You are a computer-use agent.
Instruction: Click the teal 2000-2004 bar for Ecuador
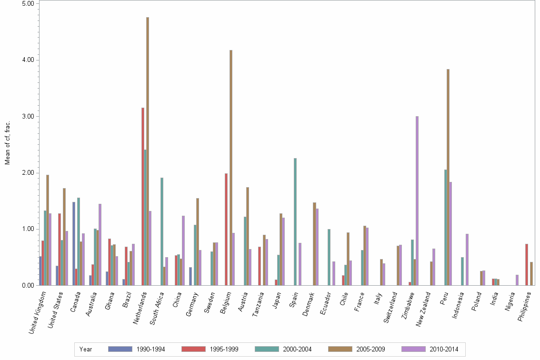pyautogui.click(x=329, y=257)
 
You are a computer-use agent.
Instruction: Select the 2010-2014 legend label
pyautogui.click(x=444, y=350)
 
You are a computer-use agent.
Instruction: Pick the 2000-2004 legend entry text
pyautogui.click(x=298, y=350)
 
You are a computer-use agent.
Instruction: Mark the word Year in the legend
pyautogui.click(x=86, y=350)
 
